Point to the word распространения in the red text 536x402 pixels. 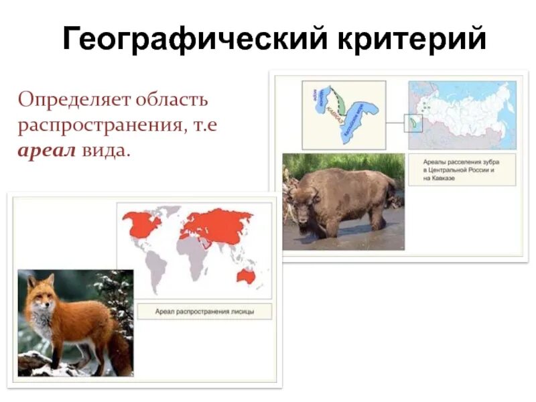(98, 125)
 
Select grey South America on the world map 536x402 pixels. (155, 264)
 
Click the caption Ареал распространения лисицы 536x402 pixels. (204, 312)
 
